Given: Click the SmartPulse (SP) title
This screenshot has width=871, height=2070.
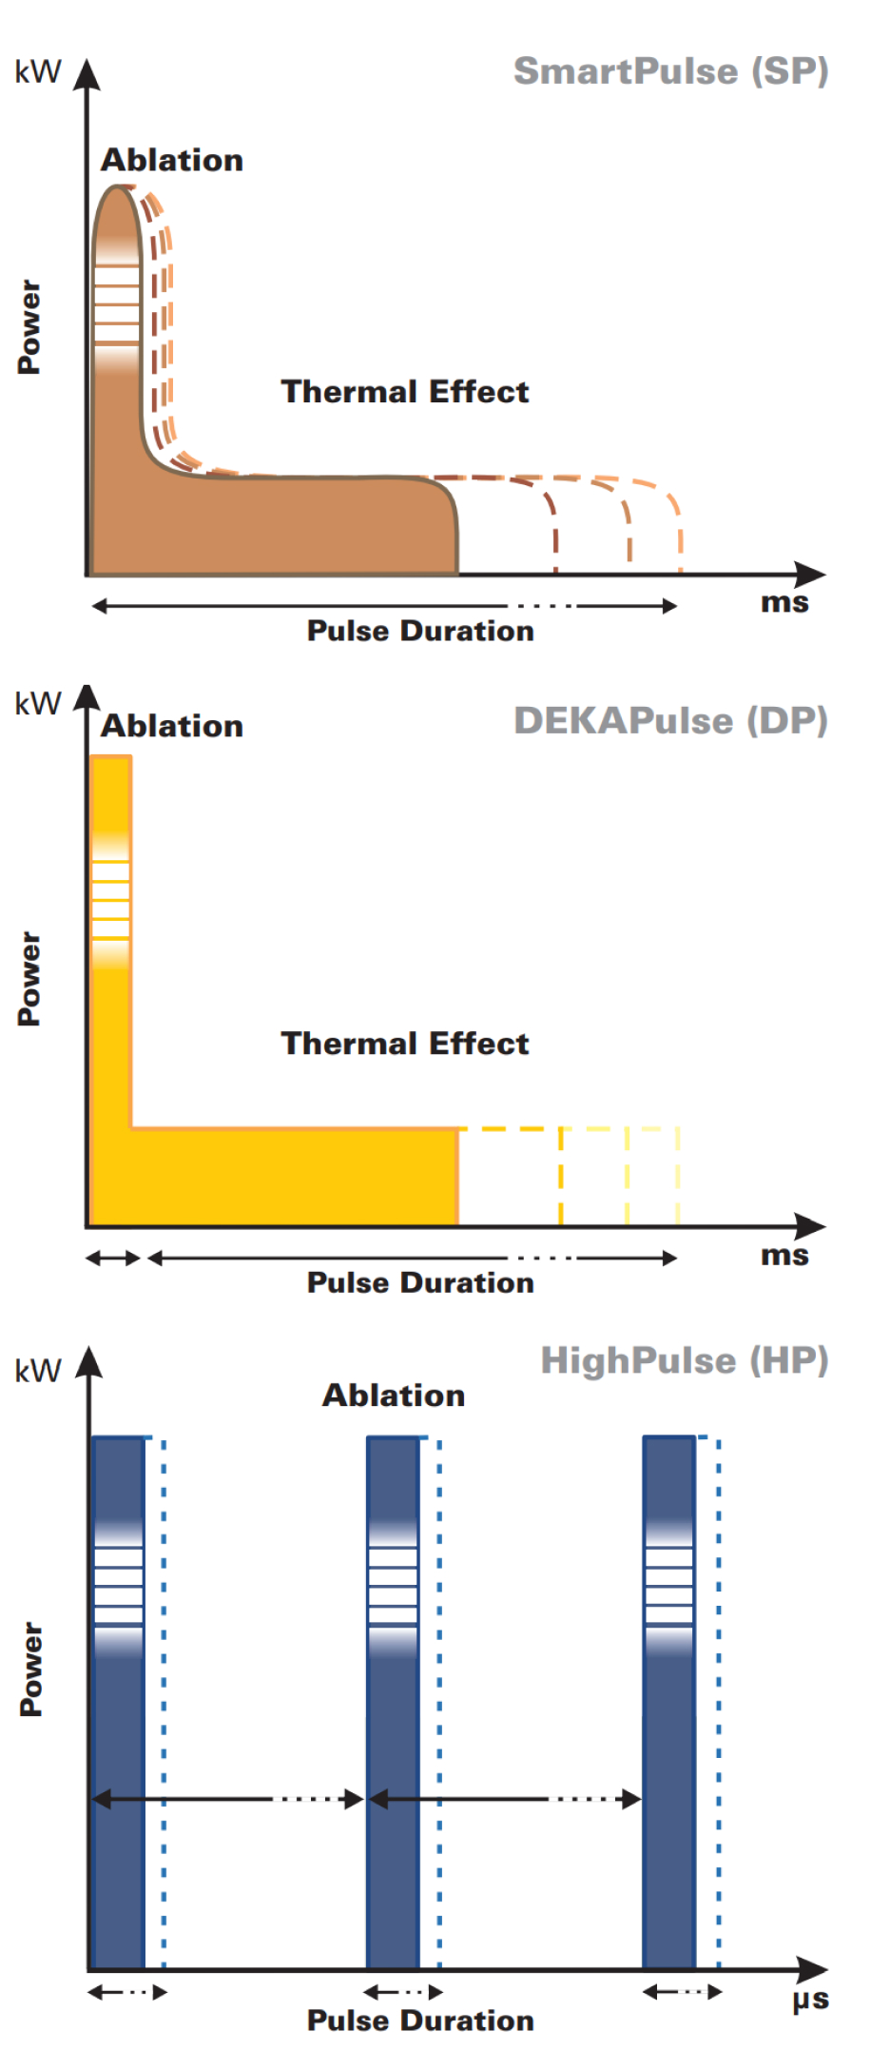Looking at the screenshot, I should pos(670,71).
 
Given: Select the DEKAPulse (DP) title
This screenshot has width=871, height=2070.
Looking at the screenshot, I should pos(670,721).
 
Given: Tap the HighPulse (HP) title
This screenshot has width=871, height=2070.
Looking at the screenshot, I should pos(685,1360).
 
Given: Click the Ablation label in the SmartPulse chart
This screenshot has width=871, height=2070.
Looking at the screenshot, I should pos(172,160).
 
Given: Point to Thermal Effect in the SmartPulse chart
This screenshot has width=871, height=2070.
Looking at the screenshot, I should pos(404,391).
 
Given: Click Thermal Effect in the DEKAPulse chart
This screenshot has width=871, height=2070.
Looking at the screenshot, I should pos(404,1043).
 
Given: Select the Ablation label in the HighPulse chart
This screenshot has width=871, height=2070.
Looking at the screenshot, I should pos(394,1395).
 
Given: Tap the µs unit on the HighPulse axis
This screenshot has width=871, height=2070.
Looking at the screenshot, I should pos(810,1999).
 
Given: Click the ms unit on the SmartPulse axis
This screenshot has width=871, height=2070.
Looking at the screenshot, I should pos(784,602).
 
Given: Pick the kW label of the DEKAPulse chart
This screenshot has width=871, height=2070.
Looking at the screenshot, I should pos(38,704).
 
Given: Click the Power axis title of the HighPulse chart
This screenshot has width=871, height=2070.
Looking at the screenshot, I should pos(30,1669).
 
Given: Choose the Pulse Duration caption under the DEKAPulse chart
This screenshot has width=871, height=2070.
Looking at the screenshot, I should pos(420,1282).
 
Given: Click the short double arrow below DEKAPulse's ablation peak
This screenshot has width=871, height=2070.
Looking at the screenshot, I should pos(113,1258).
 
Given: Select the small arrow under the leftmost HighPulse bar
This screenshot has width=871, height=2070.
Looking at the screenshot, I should pos(126,1991).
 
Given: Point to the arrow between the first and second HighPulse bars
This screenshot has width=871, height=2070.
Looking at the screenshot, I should pos(228,1798).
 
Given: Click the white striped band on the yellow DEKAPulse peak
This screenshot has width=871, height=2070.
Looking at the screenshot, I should pos(110,900).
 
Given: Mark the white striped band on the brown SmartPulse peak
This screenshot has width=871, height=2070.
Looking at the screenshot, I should pos(117,303).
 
